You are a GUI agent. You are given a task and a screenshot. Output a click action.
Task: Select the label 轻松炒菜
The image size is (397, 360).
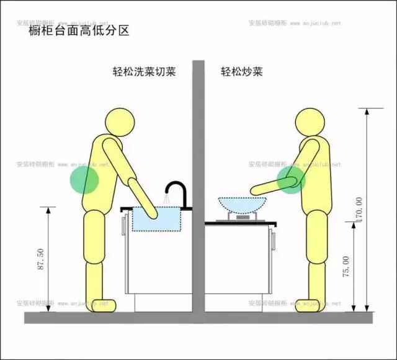coord(241,71)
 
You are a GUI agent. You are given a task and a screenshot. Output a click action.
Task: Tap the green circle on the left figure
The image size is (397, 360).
coord(84,180)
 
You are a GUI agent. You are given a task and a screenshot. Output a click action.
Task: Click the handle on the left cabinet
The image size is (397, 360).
coord(123,224)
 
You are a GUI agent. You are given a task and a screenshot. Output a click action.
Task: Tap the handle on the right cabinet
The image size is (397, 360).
coord(271,236)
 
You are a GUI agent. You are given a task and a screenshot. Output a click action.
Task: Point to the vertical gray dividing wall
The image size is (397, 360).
coord(198,186)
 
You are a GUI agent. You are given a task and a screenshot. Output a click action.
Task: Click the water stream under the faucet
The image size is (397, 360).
coord(166,199)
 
